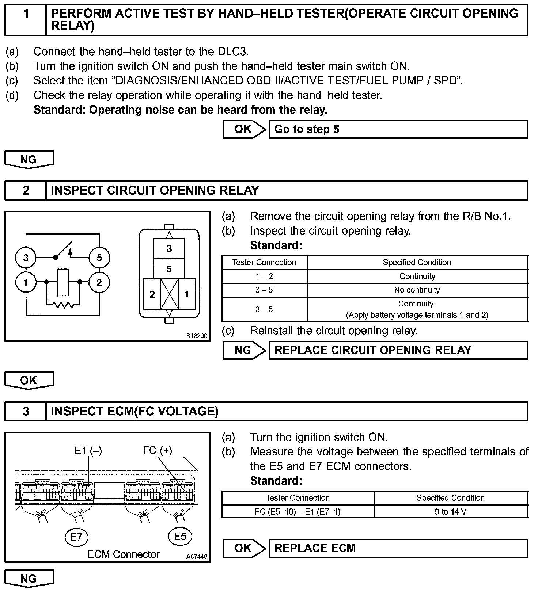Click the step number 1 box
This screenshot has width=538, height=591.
click(x=26, y=20)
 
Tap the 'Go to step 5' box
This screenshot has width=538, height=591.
click(x=398, y=129)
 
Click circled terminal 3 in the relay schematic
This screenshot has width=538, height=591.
click(x=26, y=258)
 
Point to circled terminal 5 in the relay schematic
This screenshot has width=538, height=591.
click(x=99, y=258)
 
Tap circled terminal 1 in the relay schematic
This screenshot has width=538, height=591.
click(x=26, y=282)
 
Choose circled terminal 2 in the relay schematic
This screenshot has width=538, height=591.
click(x=99, y=282)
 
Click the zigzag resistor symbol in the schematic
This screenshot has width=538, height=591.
click(x=63, y=304)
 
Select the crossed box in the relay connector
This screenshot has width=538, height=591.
click(x=169, y=294)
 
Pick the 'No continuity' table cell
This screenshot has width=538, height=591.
click(x=417, y=290)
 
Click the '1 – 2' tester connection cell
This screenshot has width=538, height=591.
click(x=264, y=276)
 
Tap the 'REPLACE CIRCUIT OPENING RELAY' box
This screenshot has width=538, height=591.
click(x=398, y=350)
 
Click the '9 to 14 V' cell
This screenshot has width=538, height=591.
click(x=451, y=512)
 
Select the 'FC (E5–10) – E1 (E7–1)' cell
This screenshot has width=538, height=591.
click(x=298, y=512)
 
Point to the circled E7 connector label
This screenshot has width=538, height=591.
click(x=76, y=537)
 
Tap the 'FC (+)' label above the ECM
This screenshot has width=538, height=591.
click(x=157, y=450)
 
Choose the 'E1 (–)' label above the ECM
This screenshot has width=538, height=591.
click(x=88, y=451)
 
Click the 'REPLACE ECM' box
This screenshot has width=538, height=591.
click(x=398, y=548)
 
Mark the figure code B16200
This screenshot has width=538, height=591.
click(x=197, y=336)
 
